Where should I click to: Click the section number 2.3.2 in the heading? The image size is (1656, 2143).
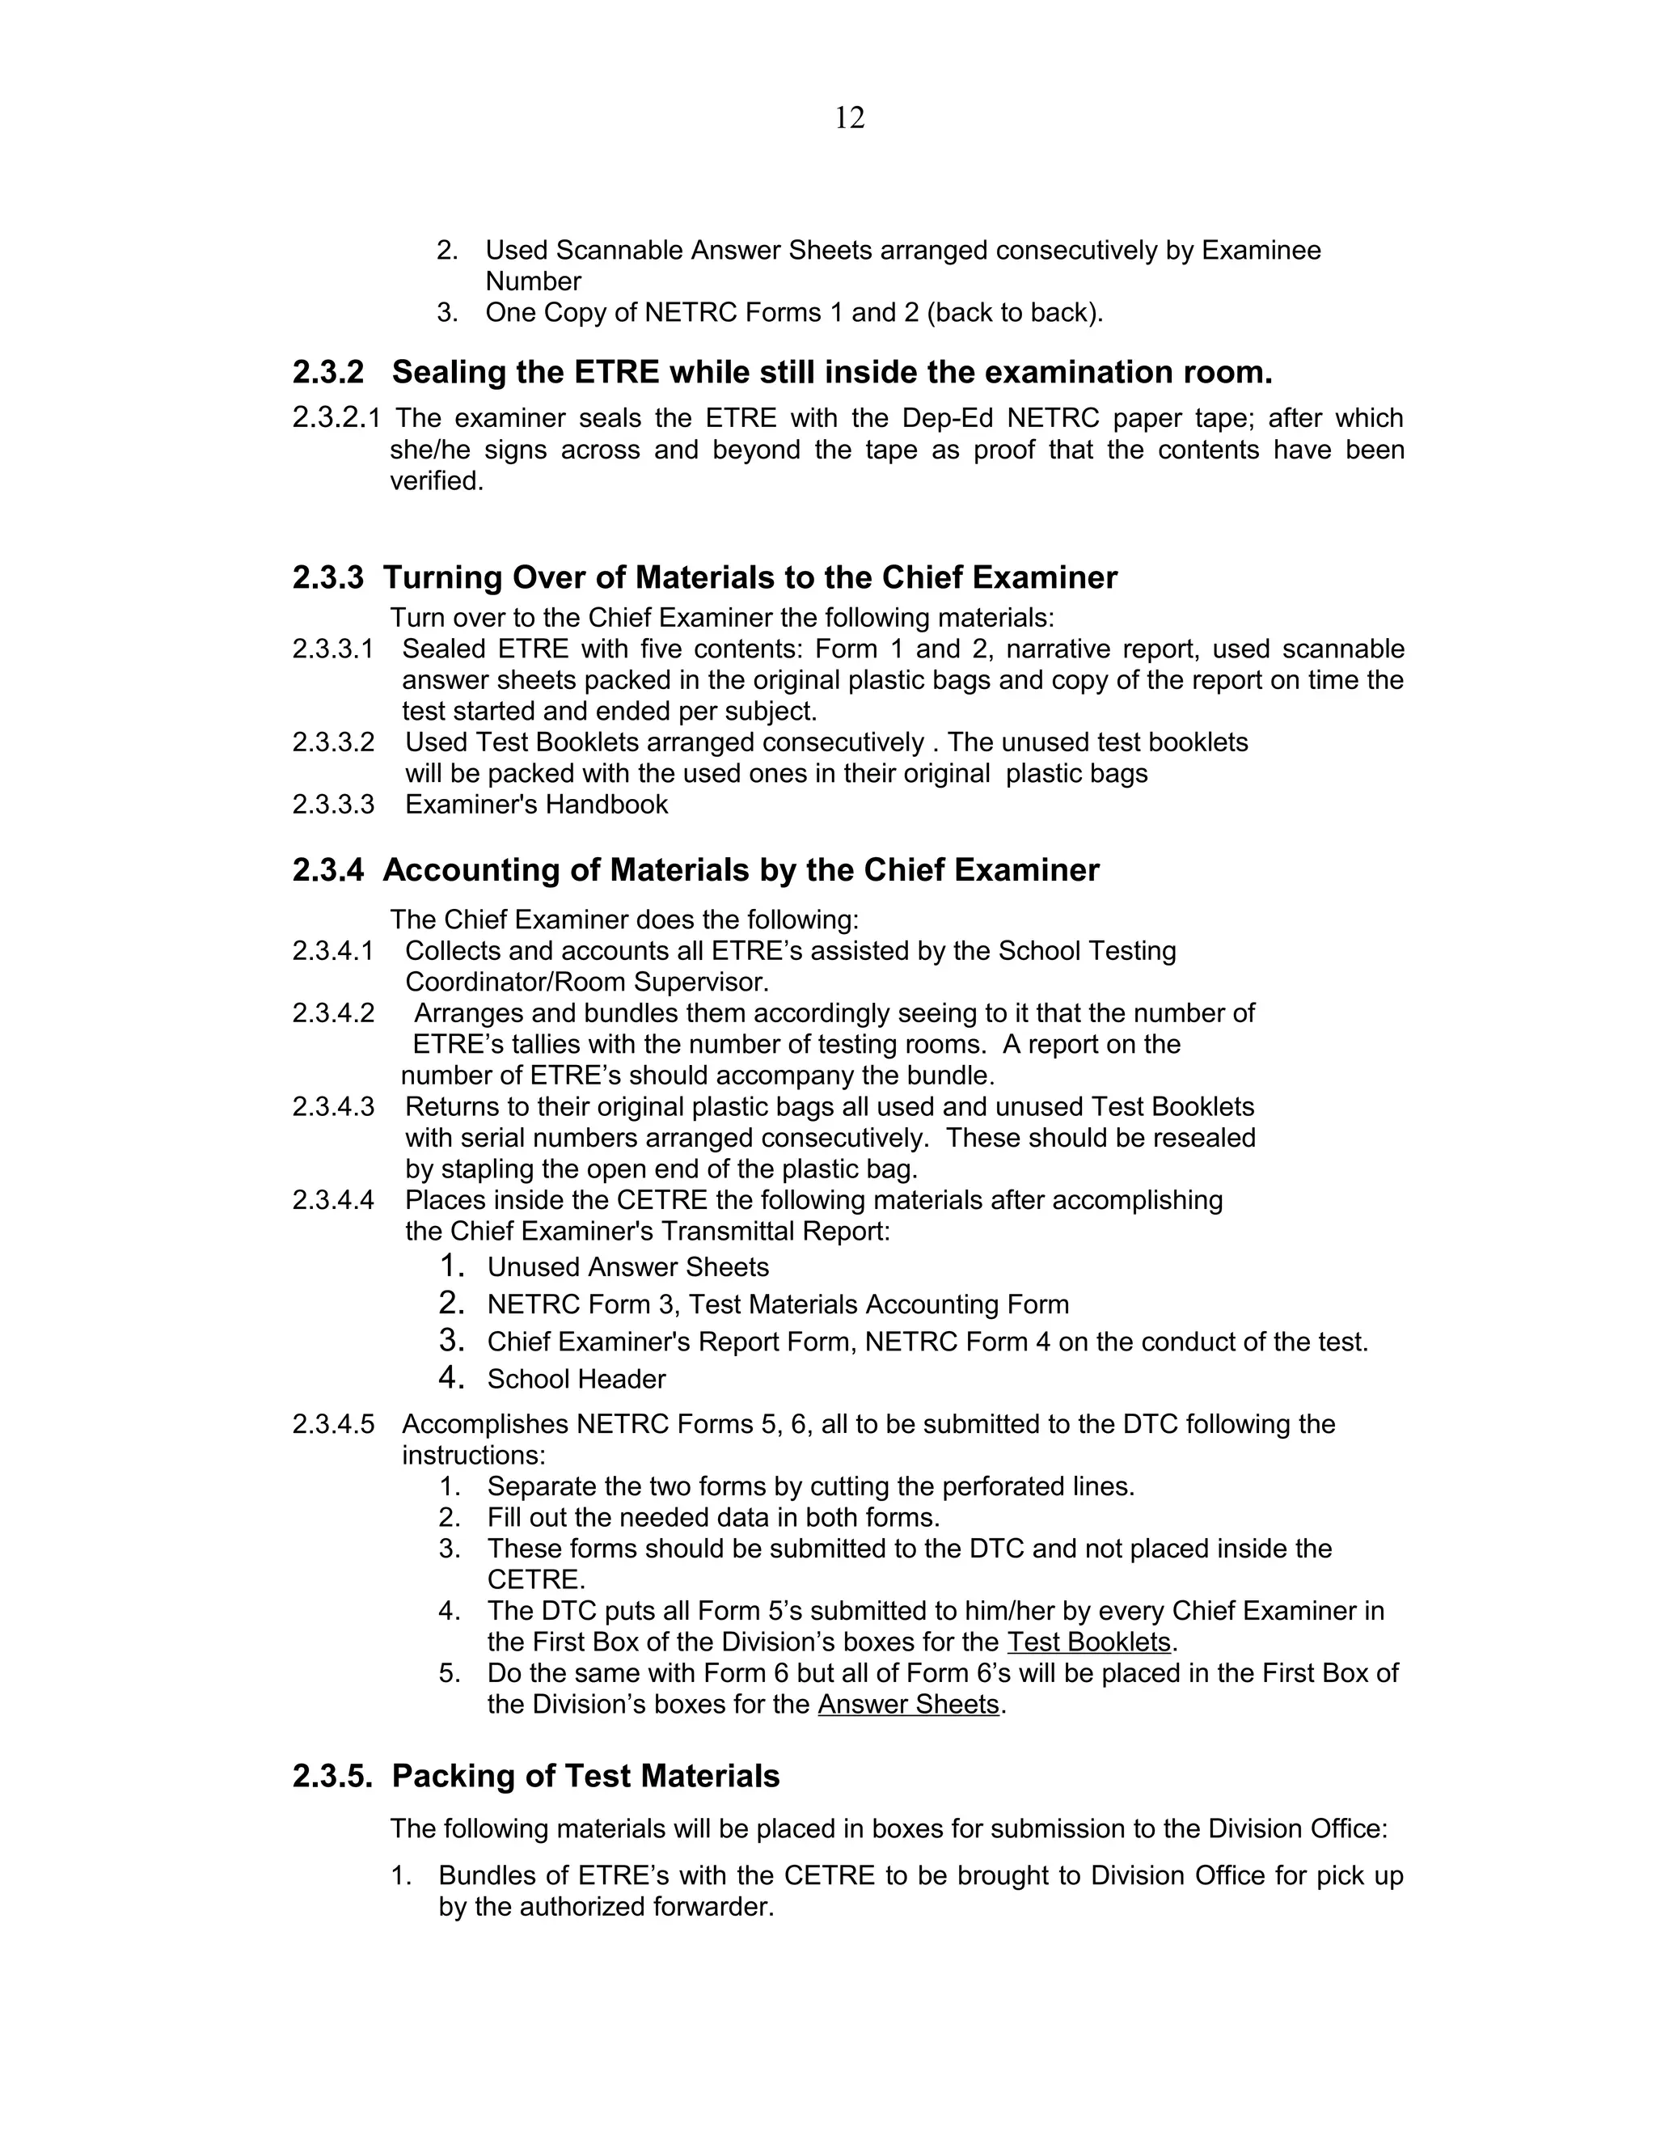(327, 373)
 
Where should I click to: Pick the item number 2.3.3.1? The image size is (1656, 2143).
(332, 649)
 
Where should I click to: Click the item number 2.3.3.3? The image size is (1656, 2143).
(332, 805)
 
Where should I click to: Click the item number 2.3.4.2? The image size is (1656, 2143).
(332, 1012)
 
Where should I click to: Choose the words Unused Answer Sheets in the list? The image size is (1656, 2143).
(627, 1268)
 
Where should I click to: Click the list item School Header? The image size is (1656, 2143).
(576, 1380)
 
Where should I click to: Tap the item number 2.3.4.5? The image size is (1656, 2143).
(332, 1425)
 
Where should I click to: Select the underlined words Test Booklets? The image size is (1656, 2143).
(1089, 1642)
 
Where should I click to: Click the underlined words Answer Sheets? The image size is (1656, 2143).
(907, 1705)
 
